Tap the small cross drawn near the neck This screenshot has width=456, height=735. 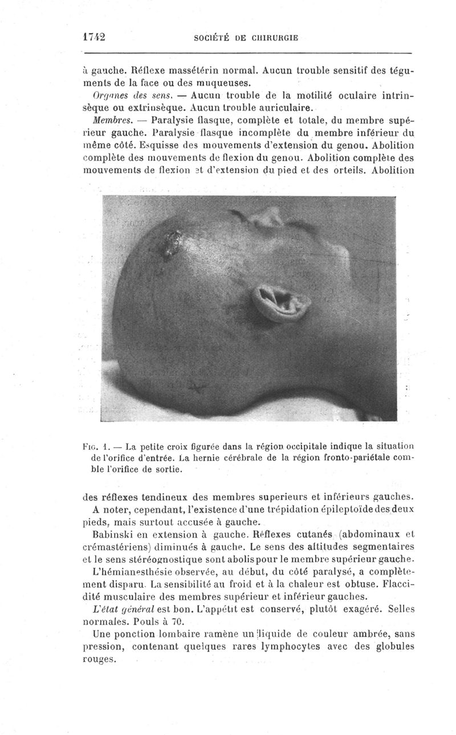point(197,389)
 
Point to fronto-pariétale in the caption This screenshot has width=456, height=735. point(352,458)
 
